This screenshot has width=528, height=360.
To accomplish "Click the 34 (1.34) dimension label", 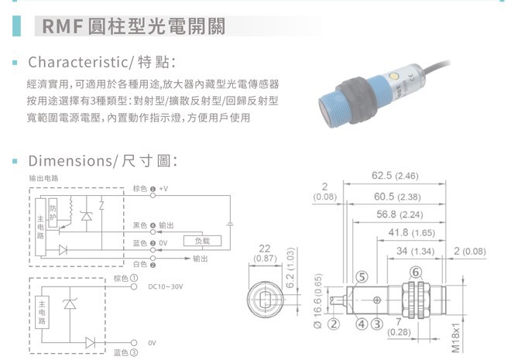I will point(415,252).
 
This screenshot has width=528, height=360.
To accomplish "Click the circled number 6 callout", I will point(416,272).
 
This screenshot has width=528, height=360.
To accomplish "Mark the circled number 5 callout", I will point(361,277).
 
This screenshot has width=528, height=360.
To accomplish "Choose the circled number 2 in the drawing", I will point(333,324).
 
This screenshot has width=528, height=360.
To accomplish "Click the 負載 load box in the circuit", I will point(203,241).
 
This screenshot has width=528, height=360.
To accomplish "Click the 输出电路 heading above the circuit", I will point(44,178).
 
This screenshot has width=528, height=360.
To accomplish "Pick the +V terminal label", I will point(163,189).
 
